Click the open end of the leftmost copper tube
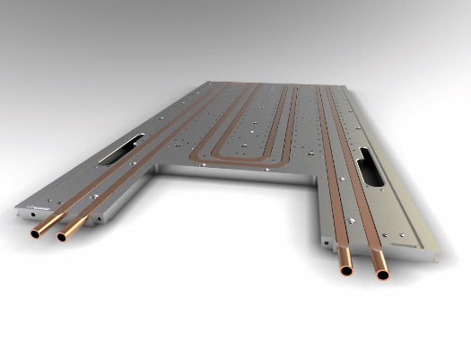coord(37,233)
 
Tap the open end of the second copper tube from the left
coord(62,236)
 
